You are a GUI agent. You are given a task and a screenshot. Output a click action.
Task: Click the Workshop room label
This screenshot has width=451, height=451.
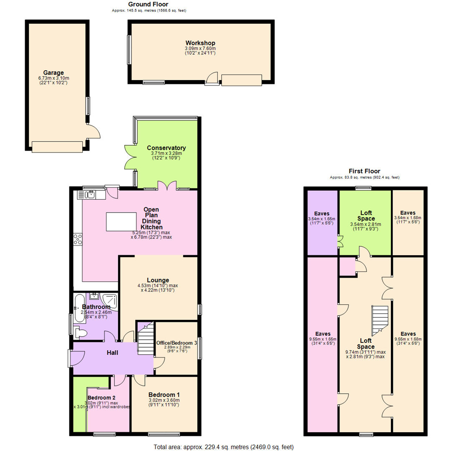(x=200, y=43)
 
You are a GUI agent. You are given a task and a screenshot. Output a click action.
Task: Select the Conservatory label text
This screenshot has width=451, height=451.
(x=166, y=148)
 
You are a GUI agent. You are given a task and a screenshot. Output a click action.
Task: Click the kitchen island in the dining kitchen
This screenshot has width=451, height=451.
(x=122, y=219)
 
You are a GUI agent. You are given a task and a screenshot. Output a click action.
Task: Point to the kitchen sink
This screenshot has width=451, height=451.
(x=90, y=194)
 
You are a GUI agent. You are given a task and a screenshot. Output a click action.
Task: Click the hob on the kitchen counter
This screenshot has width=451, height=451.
(x=78, y=239)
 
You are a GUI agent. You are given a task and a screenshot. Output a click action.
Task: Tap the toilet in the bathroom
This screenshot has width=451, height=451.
(x=81, y=333)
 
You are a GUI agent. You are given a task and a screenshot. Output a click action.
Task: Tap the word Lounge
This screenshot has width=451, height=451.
(x=158, y=280)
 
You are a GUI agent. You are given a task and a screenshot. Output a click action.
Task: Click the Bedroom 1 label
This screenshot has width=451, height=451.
(x=164, y=395)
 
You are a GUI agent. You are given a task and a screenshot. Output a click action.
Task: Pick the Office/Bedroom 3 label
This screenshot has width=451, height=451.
(x=177, y=343)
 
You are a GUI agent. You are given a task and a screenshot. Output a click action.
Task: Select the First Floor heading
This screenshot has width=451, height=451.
(x=365, y=171)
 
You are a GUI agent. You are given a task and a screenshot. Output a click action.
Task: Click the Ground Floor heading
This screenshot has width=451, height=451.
(x=149, y=4)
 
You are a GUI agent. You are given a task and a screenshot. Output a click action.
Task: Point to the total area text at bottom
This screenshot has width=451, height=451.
(x=224, y=446)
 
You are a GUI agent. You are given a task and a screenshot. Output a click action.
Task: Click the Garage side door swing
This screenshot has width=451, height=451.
(x=95, y=132)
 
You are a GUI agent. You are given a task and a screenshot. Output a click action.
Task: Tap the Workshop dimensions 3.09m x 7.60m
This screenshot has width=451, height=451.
(x=200, y=49)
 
